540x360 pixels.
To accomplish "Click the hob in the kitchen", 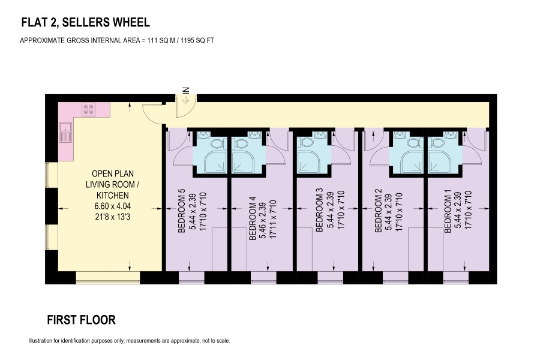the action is [x=89, y=110].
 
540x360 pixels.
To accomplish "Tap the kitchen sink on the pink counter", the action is [x=65, y=133].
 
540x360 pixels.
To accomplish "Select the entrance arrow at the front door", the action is [x=186, y=100].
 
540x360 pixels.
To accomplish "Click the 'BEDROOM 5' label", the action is [x=182, y=211].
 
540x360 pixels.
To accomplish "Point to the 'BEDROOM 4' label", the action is [x=253, y=218].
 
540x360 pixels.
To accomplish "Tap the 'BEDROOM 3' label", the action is [x=319, y=210].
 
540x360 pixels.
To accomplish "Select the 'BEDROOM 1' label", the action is [x=448, y=214].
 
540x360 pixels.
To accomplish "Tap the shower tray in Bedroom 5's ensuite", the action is [x=215, y=161].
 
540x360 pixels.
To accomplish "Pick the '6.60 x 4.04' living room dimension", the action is [x=113, y=206].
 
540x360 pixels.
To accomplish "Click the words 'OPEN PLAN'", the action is [x=113, y=173].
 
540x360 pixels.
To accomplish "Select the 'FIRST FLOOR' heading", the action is [x=81, y=320].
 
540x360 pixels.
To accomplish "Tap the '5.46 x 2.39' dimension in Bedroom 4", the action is [x=263, y=218].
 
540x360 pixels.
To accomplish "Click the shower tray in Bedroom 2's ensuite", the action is [x=412, y=161].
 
